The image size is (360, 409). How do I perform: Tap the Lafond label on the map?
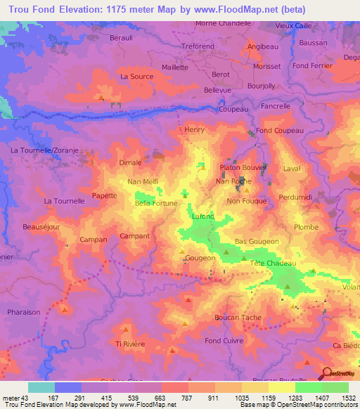203,216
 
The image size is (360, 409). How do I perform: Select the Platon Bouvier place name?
241,167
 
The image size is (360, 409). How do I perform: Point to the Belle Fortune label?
156,203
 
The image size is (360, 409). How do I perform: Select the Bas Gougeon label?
257,240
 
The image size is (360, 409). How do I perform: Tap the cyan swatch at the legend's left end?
41,387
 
